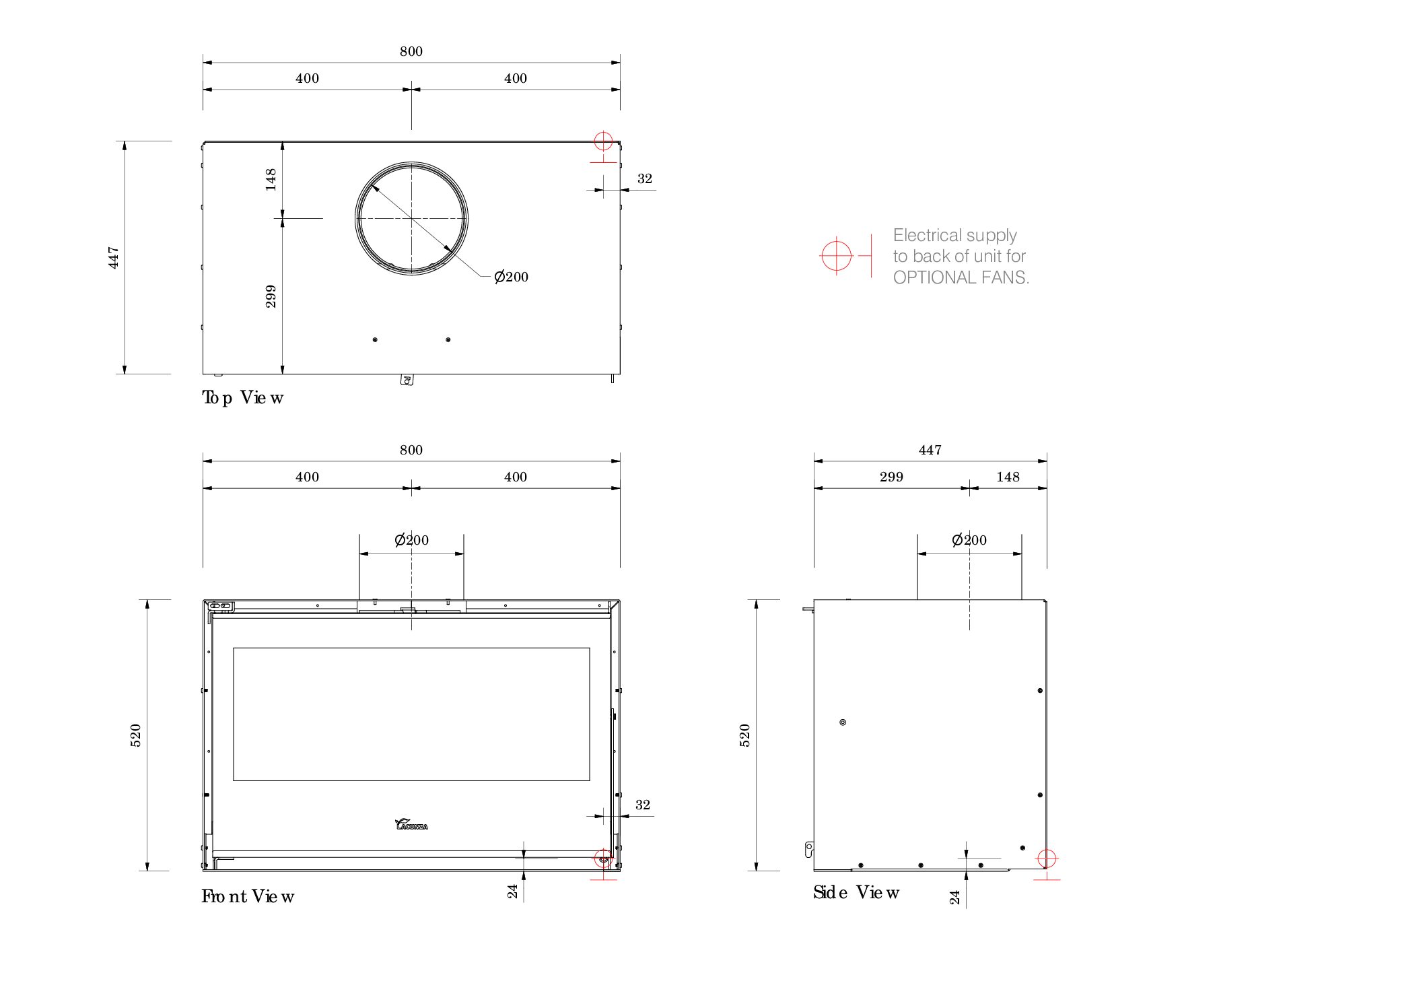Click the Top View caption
(242, 397)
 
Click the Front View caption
(248, 896)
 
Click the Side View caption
(856, 892)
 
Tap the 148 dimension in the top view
(271, 179)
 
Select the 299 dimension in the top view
(271, 296)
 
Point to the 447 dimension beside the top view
(114, 257)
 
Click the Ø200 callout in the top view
(511, 277)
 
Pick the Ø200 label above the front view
(411, 540)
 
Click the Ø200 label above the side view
(969, 540)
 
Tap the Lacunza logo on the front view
(411, 824)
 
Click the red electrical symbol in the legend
(837, 256)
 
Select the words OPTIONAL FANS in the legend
(961, 277)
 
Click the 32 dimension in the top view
(644, 178)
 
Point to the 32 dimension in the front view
(642, 805)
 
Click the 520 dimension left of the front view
(135, 735)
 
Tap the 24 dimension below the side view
(954, 897)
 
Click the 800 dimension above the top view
(411, 51)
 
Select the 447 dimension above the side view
(930, 450)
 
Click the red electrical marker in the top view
(603, 141)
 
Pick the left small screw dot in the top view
(375, 339)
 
